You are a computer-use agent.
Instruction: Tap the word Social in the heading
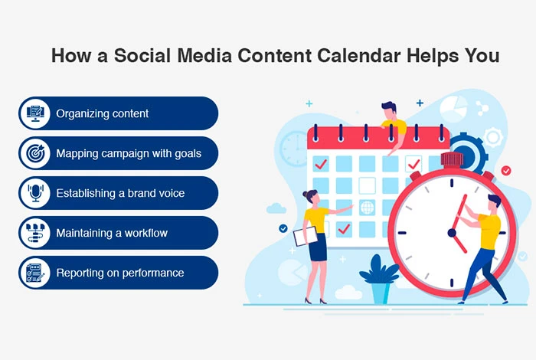[x=142, y=55]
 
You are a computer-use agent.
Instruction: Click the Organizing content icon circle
[x=35, y=113]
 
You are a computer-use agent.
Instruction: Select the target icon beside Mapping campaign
[x=35, y=153]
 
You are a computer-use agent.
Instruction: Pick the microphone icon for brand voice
[x=35, y=193]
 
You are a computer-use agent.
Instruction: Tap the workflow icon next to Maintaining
[x=35, y=233]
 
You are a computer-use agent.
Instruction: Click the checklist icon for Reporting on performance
[x=35, y=273]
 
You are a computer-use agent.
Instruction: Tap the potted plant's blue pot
[x=381, y=293]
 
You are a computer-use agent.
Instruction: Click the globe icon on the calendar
[x=367, y=207]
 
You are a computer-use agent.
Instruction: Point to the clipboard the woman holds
[x=306, y=236]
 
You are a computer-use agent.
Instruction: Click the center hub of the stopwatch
[x=452, y=233]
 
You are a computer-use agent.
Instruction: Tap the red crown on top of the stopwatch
[x=453, y=159]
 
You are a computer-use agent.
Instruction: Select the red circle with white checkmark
[x=506, y=170]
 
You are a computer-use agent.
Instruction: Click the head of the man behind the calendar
[x=389, y=110]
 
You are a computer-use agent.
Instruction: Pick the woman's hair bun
[x=306, y=194]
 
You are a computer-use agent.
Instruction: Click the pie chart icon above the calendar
[x=453, y=109]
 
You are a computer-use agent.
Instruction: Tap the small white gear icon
[x=493, y=137]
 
